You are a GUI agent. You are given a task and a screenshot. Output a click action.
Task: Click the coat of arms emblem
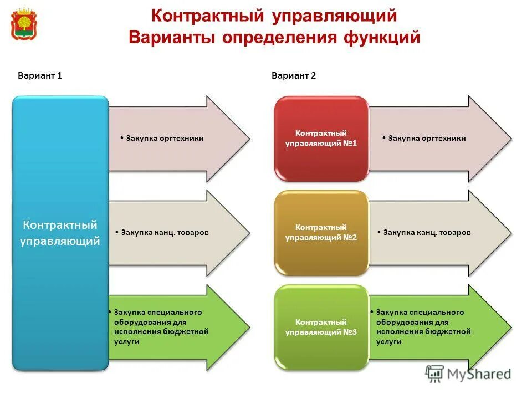[24, 24]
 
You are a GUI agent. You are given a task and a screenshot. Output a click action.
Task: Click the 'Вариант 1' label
[40, 76]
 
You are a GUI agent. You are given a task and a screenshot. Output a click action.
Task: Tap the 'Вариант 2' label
[294, 76]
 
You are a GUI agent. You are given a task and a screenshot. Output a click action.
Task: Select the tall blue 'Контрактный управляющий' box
[60, 233]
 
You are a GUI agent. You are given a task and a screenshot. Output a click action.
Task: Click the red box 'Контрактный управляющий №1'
[321, 139]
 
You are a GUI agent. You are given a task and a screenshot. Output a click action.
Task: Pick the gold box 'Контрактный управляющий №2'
[321, 233]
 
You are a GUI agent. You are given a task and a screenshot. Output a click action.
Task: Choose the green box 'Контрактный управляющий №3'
[321, 327]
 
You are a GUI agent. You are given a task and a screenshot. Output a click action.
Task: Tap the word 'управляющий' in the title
[334, 16]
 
